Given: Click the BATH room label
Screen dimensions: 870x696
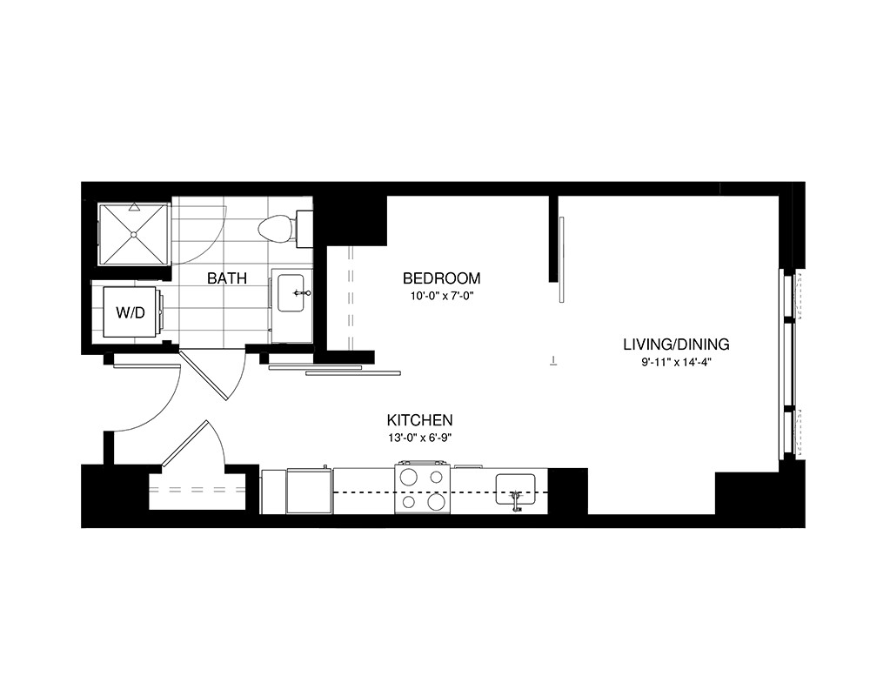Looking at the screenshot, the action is click(x=226, y=278).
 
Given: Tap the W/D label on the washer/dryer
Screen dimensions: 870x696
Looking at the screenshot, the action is click(x=130, y=313).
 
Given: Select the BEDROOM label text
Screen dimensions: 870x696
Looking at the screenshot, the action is click(x=442, y=278).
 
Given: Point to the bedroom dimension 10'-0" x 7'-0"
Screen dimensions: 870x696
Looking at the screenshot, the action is click(x=442, y=296).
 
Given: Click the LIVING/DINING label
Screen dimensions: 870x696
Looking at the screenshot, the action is click(x=676, y=345).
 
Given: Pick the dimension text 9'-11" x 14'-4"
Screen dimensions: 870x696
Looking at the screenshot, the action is click(x=676, y=363).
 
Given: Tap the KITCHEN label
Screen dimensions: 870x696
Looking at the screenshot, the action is click(x=420, y=419).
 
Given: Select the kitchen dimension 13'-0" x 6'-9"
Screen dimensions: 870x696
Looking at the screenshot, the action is click(x=420, y=438).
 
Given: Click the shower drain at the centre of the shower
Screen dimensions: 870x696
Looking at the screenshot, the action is click(x=133, y=234).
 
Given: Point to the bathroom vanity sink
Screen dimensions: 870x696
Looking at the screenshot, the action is click(x=291, y=292).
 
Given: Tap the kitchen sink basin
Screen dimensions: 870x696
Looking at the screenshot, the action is click(x=515, y=489).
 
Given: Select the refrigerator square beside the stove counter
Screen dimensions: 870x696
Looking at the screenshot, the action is click(x=309, y=492).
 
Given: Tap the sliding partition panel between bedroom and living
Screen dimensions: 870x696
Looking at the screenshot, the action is click(x=561, y=260).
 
